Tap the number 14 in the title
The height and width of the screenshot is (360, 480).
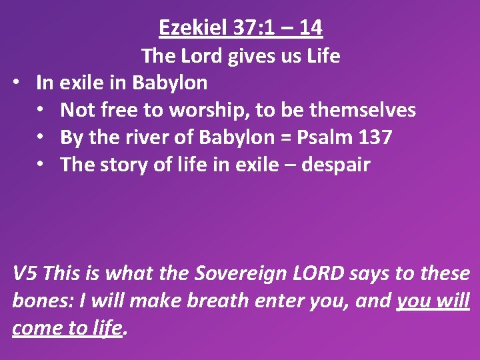(x=311, y=27)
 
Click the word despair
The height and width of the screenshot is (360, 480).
(x=335, y=165)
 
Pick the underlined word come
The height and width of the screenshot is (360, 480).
(x=37, y=328)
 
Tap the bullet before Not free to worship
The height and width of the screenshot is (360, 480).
(x=46, y=110)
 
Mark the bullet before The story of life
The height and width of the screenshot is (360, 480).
(x=46, y=165)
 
